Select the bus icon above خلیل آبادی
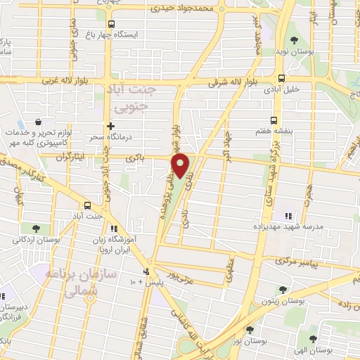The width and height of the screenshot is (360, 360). click(x=281, y=79)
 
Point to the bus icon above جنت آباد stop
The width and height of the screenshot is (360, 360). click(x=87, y=205)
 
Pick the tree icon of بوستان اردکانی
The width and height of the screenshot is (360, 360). click(x=34, y=227)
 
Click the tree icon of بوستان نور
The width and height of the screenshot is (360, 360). click(x=250, y=329)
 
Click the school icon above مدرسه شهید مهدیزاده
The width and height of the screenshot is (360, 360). click(x=287, y=216)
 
